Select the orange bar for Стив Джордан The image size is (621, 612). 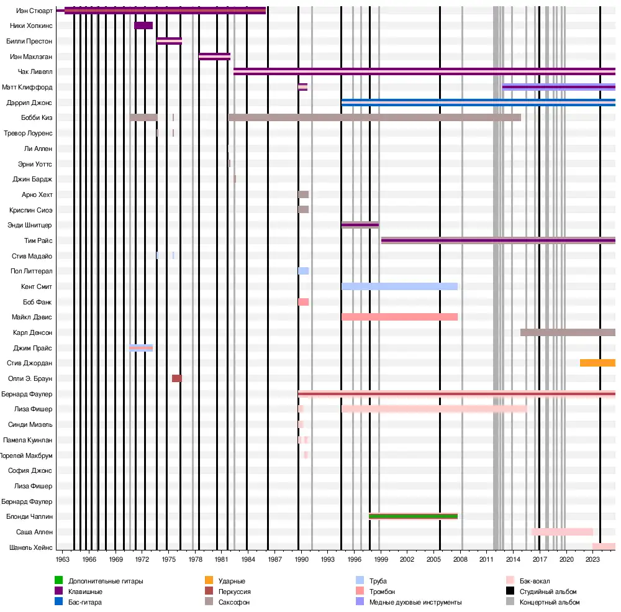click(597, 363)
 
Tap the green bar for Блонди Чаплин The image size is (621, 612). click(413, 516)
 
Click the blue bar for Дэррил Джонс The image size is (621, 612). click(478, 103)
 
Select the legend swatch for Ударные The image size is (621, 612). click(209, 581)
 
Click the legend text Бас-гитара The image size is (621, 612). click(85, 602)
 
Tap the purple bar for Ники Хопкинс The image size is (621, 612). click(143, 25)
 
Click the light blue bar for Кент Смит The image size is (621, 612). click(399, 286)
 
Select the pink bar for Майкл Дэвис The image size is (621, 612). click(399, 317)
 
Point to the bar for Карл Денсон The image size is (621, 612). click(568, 332)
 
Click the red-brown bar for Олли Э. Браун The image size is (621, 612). click(177, 378)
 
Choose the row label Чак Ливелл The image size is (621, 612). click(38, 71)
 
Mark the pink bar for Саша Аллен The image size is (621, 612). click(562, 532)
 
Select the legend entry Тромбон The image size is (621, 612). click(382, 591)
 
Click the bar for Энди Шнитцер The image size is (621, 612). click(360, 225)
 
